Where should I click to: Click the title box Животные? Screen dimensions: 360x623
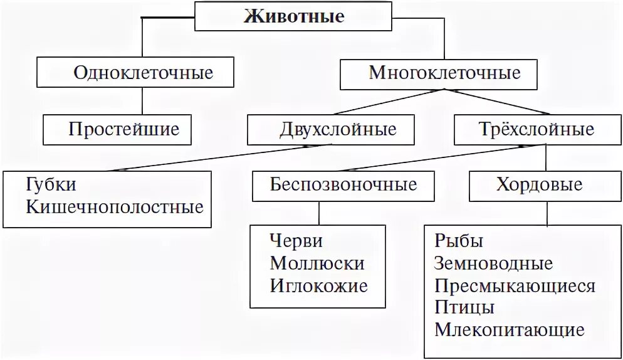click(x=293, y=16)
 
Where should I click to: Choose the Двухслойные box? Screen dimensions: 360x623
click(x=332, y=130)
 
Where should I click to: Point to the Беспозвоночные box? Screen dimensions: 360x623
click(x=343, y=185)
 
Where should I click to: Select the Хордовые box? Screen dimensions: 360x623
click(x=539, y=185)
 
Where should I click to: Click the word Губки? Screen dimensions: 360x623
click(x=51, y=186)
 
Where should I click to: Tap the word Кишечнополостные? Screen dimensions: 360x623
click(x=115, y=206)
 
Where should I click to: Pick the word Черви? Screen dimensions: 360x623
click(x=296, y=241)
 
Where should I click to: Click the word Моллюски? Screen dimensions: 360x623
click(x=317, y=263)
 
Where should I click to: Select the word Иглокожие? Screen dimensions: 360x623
click(x=318, y=286)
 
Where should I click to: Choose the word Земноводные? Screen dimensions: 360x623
click(x=493, y=263)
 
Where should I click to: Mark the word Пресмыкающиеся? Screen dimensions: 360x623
click(x=514, y=286)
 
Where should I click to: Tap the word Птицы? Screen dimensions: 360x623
click(x=464, y=308)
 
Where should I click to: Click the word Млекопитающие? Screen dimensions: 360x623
click(x=509, y=331)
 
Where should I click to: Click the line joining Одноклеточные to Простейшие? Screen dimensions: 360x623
click(x=143, y=100)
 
